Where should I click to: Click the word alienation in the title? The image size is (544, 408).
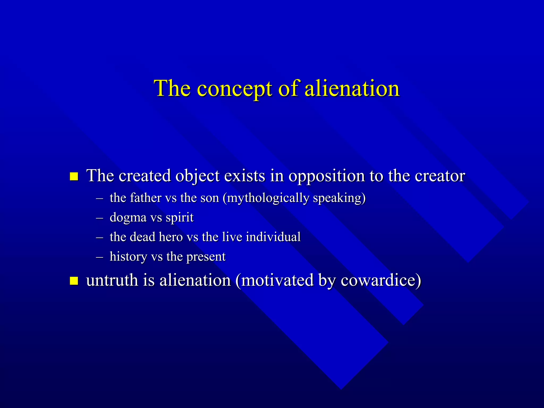[x=352, y=88]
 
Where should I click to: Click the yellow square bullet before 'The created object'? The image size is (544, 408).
[x=74, y=176]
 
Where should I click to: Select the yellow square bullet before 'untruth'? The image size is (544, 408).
[x=74, y=281]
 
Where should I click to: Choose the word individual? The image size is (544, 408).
[x=273, y=237]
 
